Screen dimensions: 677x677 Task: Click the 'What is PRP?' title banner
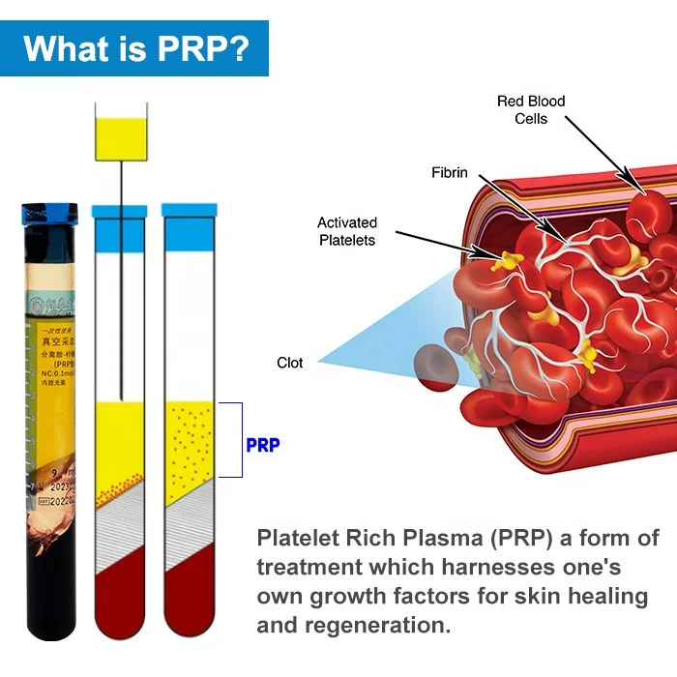pyautogui.click(x=134, y=47)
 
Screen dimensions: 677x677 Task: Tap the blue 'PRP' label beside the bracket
pyautogui.click(x=262, y=446)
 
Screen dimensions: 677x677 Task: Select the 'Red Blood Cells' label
pyautogui.click(x=531, y=109)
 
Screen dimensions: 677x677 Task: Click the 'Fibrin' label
pyautogui.click(x=450, y=173)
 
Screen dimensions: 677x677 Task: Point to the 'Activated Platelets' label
pyautogui.click(x=347, y=231)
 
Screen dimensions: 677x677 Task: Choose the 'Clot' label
pyautogui.click(x=290, y=363)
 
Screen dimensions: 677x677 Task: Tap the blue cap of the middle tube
pyautogui.click(x=119, y=210)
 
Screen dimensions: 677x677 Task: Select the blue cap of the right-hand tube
pyautogui.click(x=189, y=210)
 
